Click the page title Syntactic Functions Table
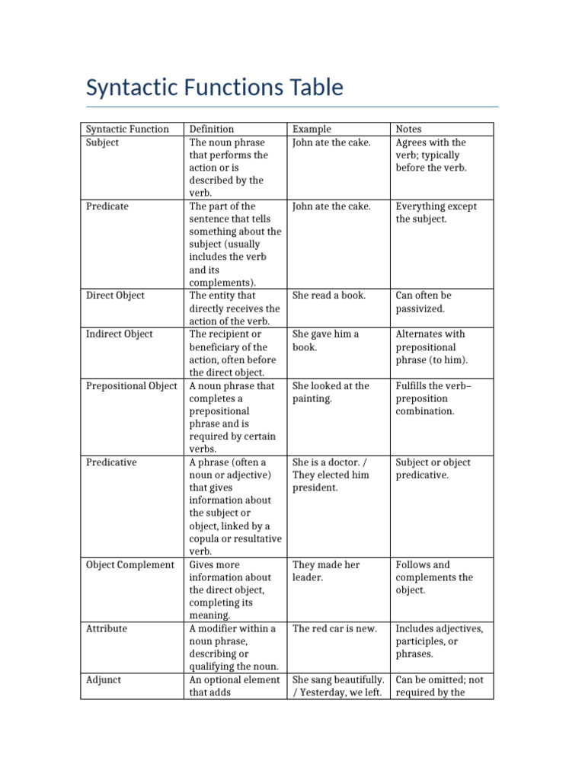(215, 88)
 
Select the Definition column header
(211, 129)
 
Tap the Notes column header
(408, 129)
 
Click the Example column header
(312, 129)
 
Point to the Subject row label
(102, 142)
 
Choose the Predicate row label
(107, 206)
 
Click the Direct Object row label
(115, 296)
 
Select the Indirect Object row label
(119, 334)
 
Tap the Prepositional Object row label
(131, 386)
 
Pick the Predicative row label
(111, 462)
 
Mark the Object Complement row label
(129, 565)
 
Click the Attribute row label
(107, 629)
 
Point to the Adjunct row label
(104, 680)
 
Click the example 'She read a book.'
(329, 296)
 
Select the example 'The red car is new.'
(334, 629)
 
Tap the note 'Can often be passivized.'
(424, 302)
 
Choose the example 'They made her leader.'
(325, 571)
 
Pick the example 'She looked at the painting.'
(331, 392)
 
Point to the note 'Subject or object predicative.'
(433, 468)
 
